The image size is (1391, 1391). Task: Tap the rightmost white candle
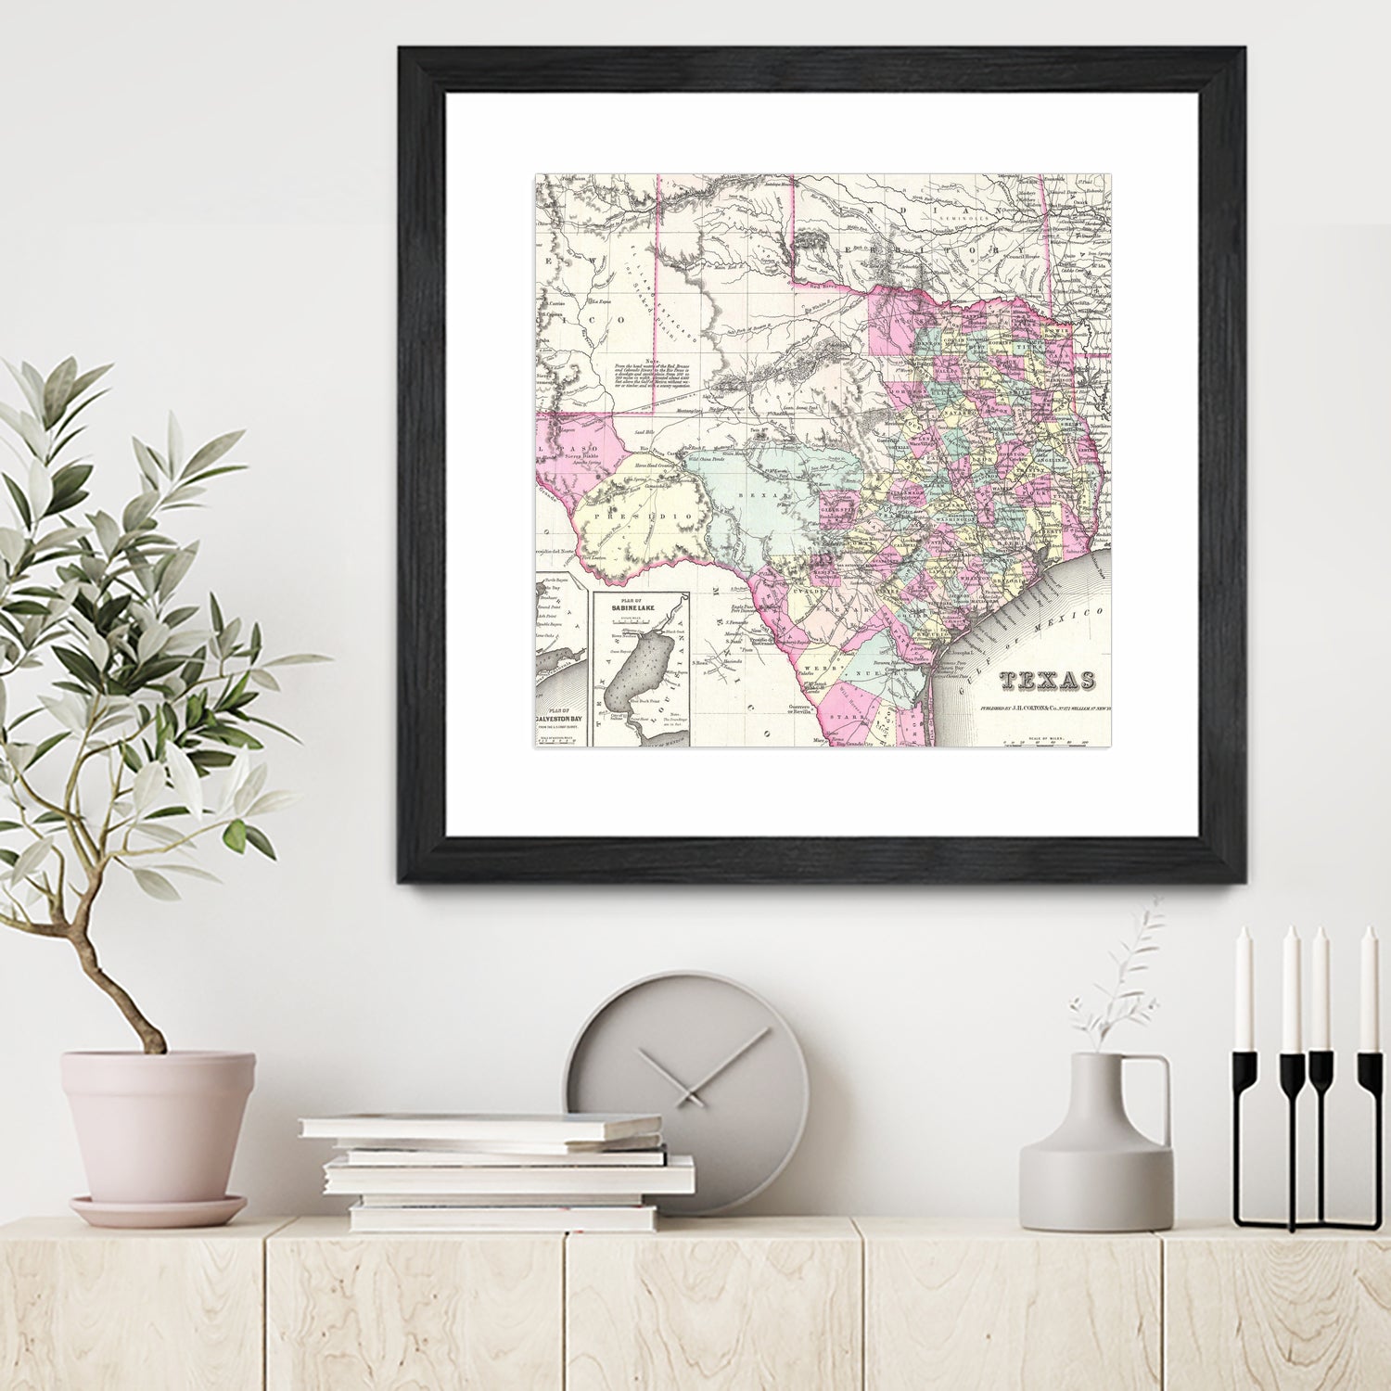(x=1368, y=989)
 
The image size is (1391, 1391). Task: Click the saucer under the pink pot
(x=159, y=1210)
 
